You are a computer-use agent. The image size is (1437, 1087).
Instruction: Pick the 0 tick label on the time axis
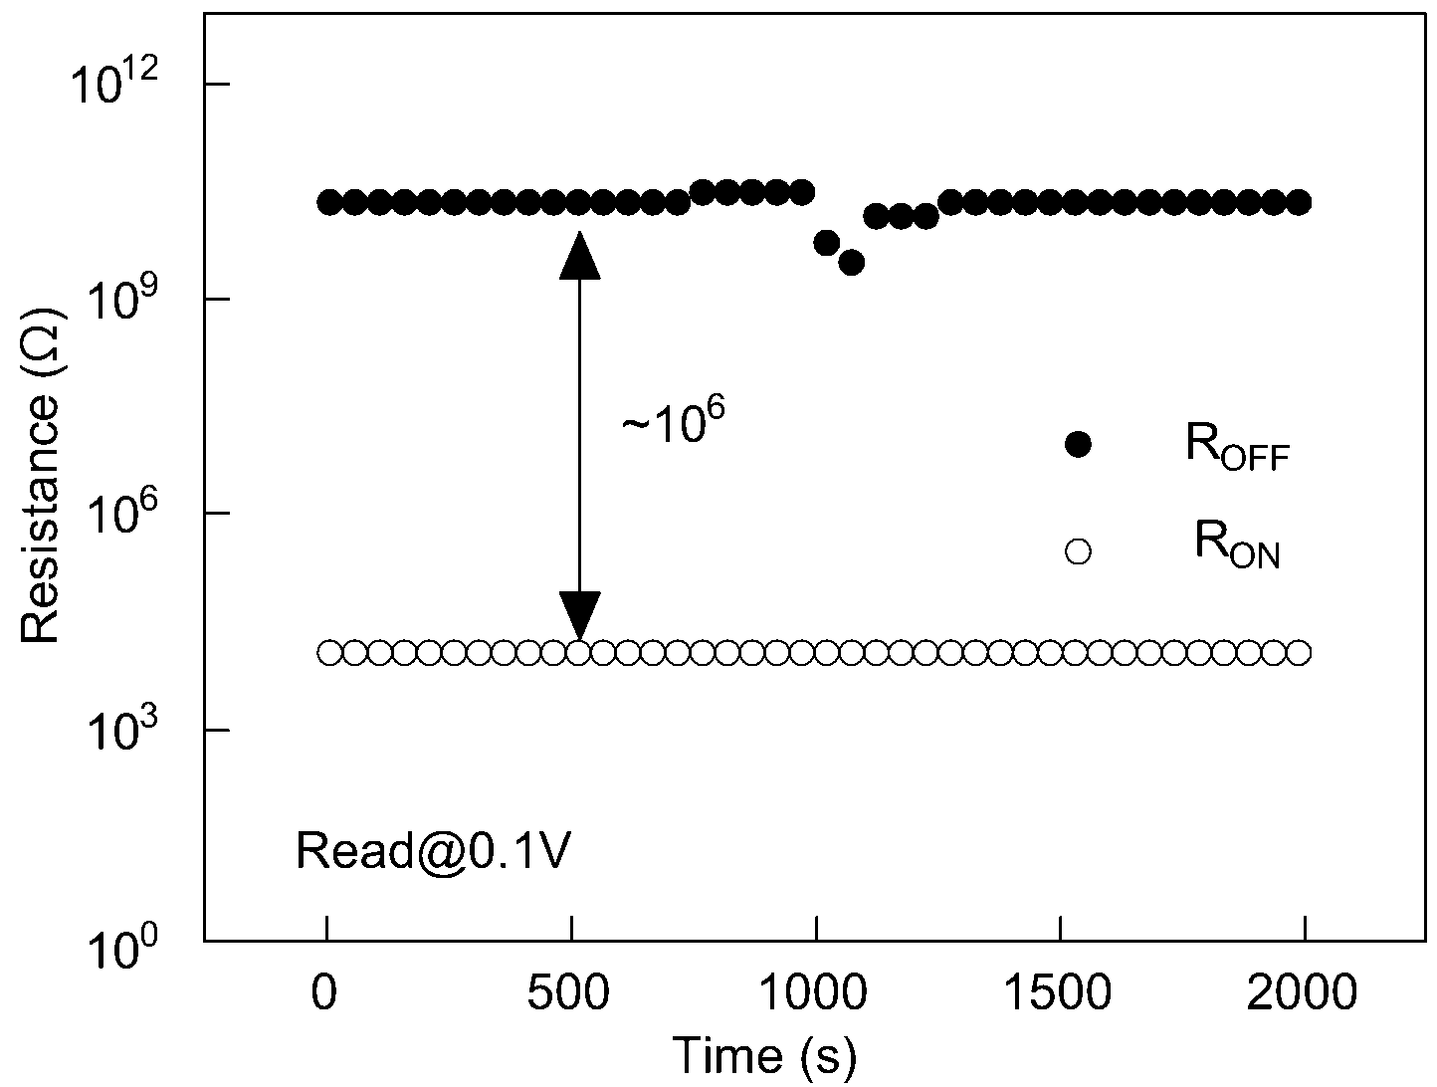pos(324,992)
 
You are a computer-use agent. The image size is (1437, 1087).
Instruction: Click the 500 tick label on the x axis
pos(568,992)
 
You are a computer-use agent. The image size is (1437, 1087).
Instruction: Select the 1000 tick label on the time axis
pos(814,992)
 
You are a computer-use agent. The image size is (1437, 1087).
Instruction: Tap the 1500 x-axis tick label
pos(1057,992)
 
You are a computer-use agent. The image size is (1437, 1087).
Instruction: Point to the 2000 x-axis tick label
pos(1302,992)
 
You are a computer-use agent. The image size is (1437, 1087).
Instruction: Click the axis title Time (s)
pos(764,1056)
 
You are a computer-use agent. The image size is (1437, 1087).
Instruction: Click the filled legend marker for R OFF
pos(1078,445)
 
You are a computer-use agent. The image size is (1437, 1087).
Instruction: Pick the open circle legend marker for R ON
pos(1078,551)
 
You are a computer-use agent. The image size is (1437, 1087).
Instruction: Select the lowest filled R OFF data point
pos(851,263)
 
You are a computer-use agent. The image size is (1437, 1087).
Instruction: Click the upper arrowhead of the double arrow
pos(579,256)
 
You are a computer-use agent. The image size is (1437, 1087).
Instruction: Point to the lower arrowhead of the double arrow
pos(579,615)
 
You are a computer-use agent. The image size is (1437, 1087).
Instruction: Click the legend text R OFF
pos(1237,449)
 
